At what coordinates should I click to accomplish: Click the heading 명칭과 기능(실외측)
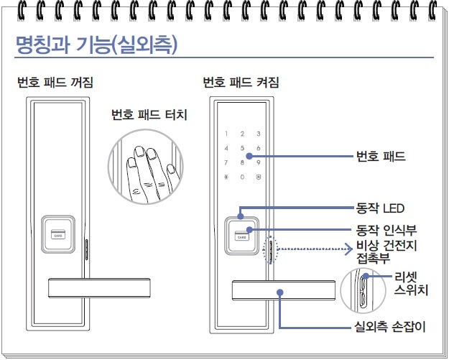pos(97,45)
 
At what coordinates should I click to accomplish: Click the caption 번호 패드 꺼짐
pos(55,82)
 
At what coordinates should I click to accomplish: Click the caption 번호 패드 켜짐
pos(241,82)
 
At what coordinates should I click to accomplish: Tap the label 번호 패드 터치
pos(149,115)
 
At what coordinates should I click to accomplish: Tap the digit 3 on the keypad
pos(258,134)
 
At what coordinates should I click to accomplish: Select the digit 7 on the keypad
pos(227,162)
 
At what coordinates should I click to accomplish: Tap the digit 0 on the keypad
pos(243,177)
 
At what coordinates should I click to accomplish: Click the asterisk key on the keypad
pos(227,177)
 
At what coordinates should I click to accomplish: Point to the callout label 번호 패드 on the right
pos(380,156)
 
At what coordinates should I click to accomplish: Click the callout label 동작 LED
pos(381,209)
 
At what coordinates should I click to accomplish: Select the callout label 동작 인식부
pos(386,231)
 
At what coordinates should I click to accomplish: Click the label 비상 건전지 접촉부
pos(386,254)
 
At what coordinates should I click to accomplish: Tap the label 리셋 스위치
pos(411,284)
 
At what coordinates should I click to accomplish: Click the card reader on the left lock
pos(58,234)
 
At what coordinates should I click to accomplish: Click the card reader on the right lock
pos(244,235)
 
